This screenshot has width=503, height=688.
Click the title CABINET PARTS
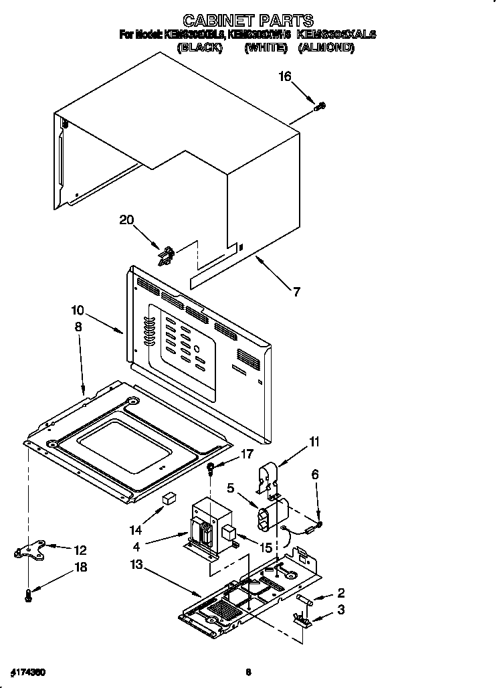[249, 20]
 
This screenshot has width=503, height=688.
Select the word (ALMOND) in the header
[326, 48]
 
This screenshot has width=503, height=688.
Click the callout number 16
[285, 77]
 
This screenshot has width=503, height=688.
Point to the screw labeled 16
[320, 104]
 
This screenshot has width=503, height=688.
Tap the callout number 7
[296, 291]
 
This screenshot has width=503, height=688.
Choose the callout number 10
[78, 310]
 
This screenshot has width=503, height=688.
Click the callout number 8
[78, 327]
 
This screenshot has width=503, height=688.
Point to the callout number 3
[341, 609]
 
